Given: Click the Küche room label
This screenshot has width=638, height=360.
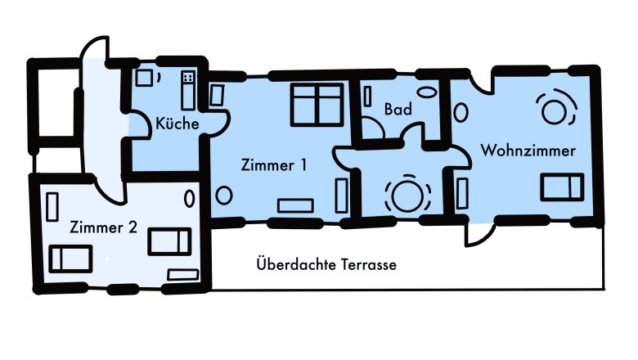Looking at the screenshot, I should click(x=177, y=124).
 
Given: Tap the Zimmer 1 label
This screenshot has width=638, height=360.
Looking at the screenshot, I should click(x=274, y=164).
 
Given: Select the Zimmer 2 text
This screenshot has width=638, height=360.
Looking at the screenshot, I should click(x=103, y=227).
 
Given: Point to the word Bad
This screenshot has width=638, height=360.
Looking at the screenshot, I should click(x=398, y=109).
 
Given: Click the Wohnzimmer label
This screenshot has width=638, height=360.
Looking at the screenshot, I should click(x=528, y=151).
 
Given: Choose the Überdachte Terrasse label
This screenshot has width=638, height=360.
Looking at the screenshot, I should click(x=326, y=265).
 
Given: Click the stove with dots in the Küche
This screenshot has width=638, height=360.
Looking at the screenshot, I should click(x=189, y=79).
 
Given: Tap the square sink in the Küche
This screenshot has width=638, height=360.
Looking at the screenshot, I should click(x=145, y=78).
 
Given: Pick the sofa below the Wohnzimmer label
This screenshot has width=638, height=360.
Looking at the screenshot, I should click(x=562, y=187).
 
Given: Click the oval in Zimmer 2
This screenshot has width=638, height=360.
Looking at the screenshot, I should click(x=190, y=197).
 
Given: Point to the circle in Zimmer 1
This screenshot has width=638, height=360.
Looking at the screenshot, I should click(x=222, y=195).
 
